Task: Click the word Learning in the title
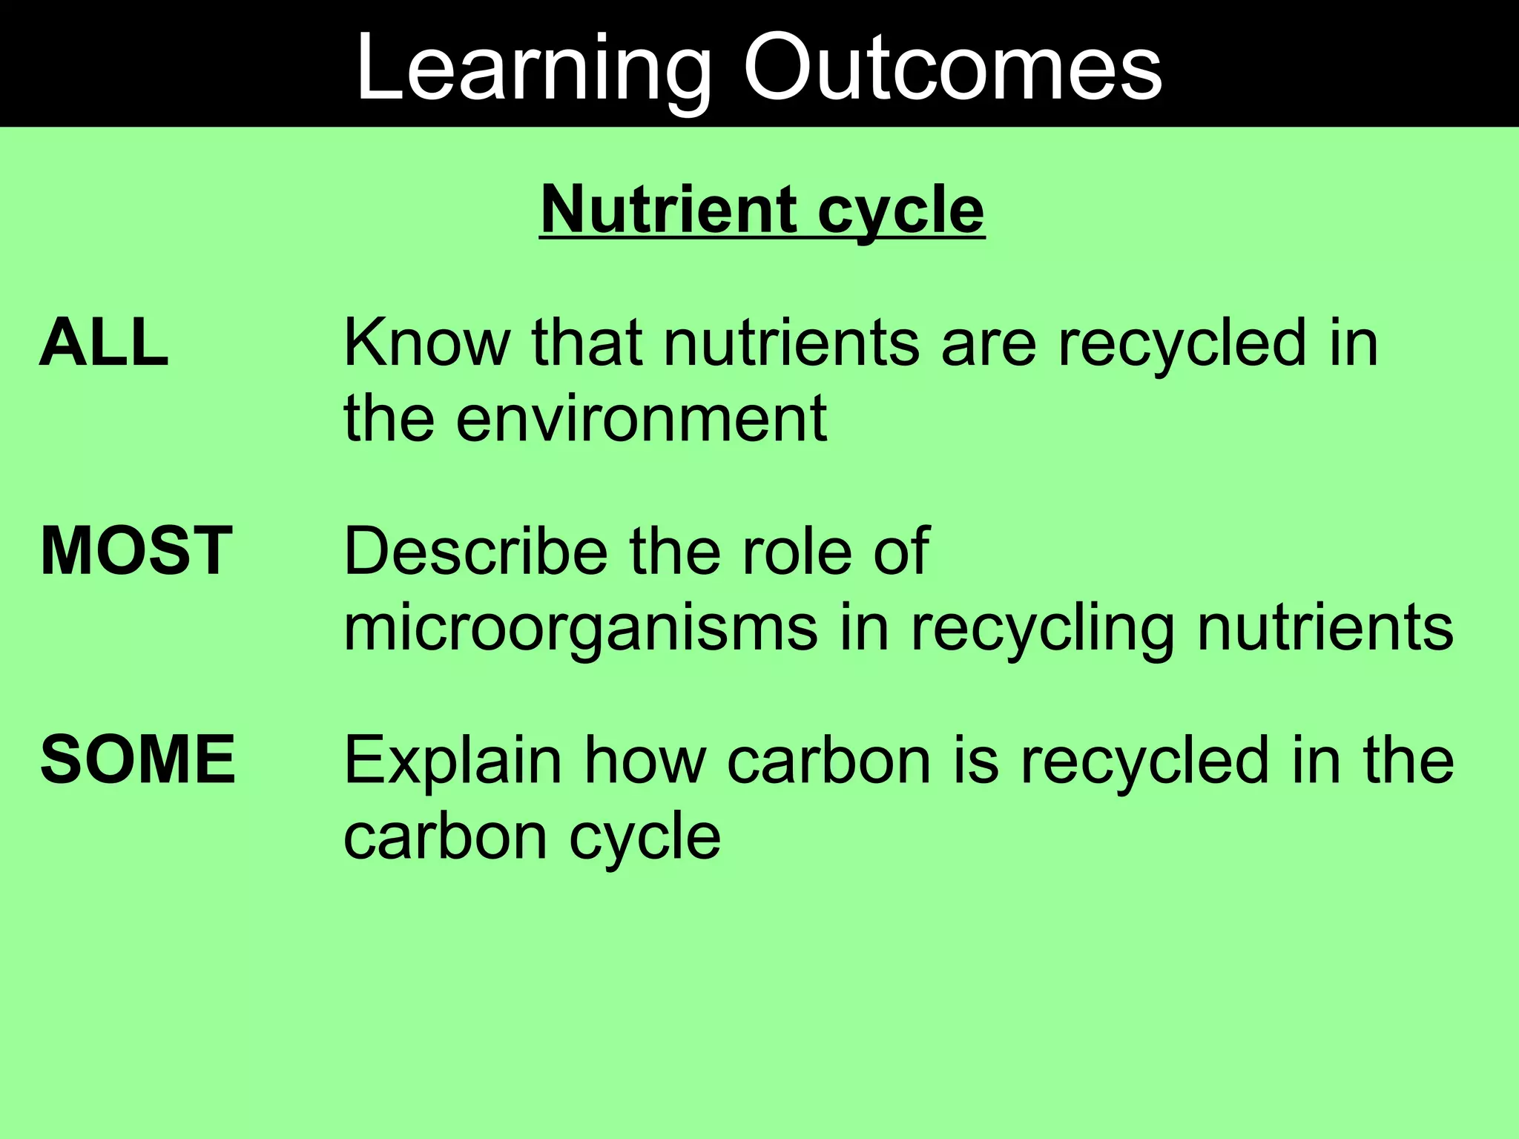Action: [533, 68]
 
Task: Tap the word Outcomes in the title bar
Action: [952, 68]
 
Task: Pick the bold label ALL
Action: [104, 343]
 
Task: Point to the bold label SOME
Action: [138, 759]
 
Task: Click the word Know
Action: [426, 343]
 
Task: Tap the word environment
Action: [641, 419]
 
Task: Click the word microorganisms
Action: [580, 629]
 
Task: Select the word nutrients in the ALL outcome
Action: [791, 344]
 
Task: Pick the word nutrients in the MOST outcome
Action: [1325, 629]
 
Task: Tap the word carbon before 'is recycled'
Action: [828, 759]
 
